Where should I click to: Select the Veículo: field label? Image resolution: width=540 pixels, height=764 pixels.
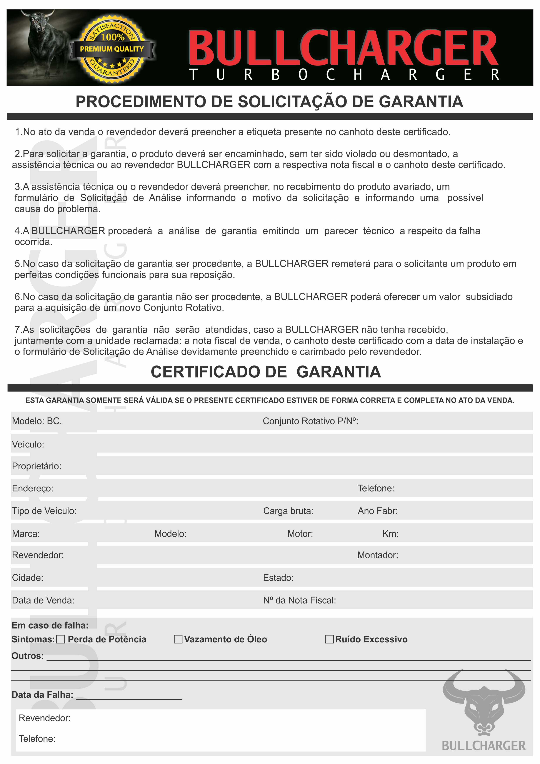click(28, 445)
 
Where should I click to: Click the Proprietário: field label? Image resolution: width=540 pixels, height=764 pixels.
click(37, 466)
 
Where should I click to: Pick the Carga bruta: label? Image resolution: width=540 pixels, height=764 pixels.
click(288, 511)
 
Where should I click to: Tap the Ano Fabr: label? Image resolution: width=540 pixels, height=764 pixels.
click(378, 511)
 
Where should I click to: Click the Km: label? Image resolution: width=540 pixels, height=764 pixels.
click(390, 534)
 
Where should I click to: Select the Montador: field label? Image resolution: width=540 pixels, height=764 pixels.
click(378, 555)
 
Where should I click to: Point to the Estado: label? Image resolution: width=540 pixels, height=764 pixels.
click(278, 578)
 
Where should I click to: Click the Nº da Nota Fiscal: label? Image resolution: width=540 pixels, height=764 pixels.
click(300, 600)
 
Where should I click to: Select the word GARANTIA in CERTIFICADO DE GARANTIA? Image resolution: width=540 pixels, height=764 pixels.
click(338, 372)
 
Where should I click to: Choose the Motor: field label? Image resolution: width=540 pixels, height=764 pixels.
click(300, 534)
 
